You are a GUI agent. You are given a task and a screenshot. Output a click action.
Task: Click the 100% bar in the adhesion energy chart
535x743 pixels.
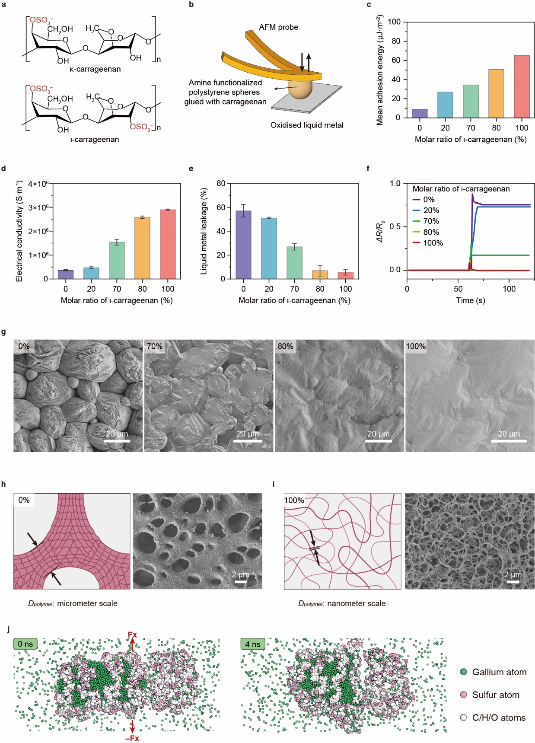[522, 86]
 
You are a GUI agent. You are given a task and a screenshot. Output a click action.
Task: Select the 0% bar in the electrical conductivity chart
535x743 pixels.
[66, 274]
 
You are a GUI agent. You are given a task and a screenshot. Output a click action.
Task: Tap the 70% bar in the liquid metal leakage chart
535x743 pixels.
[294, 263]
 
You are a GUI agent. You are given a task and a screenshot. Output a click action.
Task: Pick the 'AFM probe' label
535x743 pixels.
[278, 27]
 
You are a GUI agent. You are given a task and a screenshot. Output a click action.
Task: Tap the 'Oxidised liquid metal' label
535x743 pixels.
[307, 125]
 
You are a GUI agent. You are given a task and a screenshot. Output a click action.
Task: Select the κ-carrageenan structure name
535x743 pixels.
[95, 69]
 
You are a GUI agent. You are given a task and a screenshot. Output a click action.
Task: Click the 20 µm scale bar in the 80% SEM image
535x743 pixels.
[379, 441]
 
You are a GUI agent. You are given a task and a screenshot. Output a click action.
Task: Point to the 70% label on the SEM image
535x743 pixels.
[155, 346]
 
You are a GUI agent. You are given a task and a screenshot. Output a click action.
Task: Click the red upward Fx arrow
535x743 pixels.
[132, 644]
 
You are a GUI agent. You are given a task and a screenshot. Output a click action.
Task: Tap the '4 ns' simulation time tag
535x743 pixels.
[253, 644]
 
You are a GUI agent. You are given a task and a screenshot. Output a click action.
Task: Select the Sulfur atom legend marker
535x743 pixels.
[464, 695]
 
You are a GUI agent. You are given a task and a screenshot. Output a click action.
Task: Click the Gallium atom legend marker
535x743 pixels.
[464, 672]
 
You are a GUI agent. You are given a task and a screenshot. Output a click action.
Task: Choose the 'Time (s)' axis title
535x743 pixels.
[470, 300]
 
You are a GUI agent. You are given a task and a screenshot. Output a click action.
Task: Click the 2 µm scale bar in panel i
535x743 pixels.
[513, 582]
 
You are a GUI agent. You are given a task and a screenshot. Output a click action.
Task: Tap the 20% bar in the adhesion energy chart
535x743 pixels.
[445, 105]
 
